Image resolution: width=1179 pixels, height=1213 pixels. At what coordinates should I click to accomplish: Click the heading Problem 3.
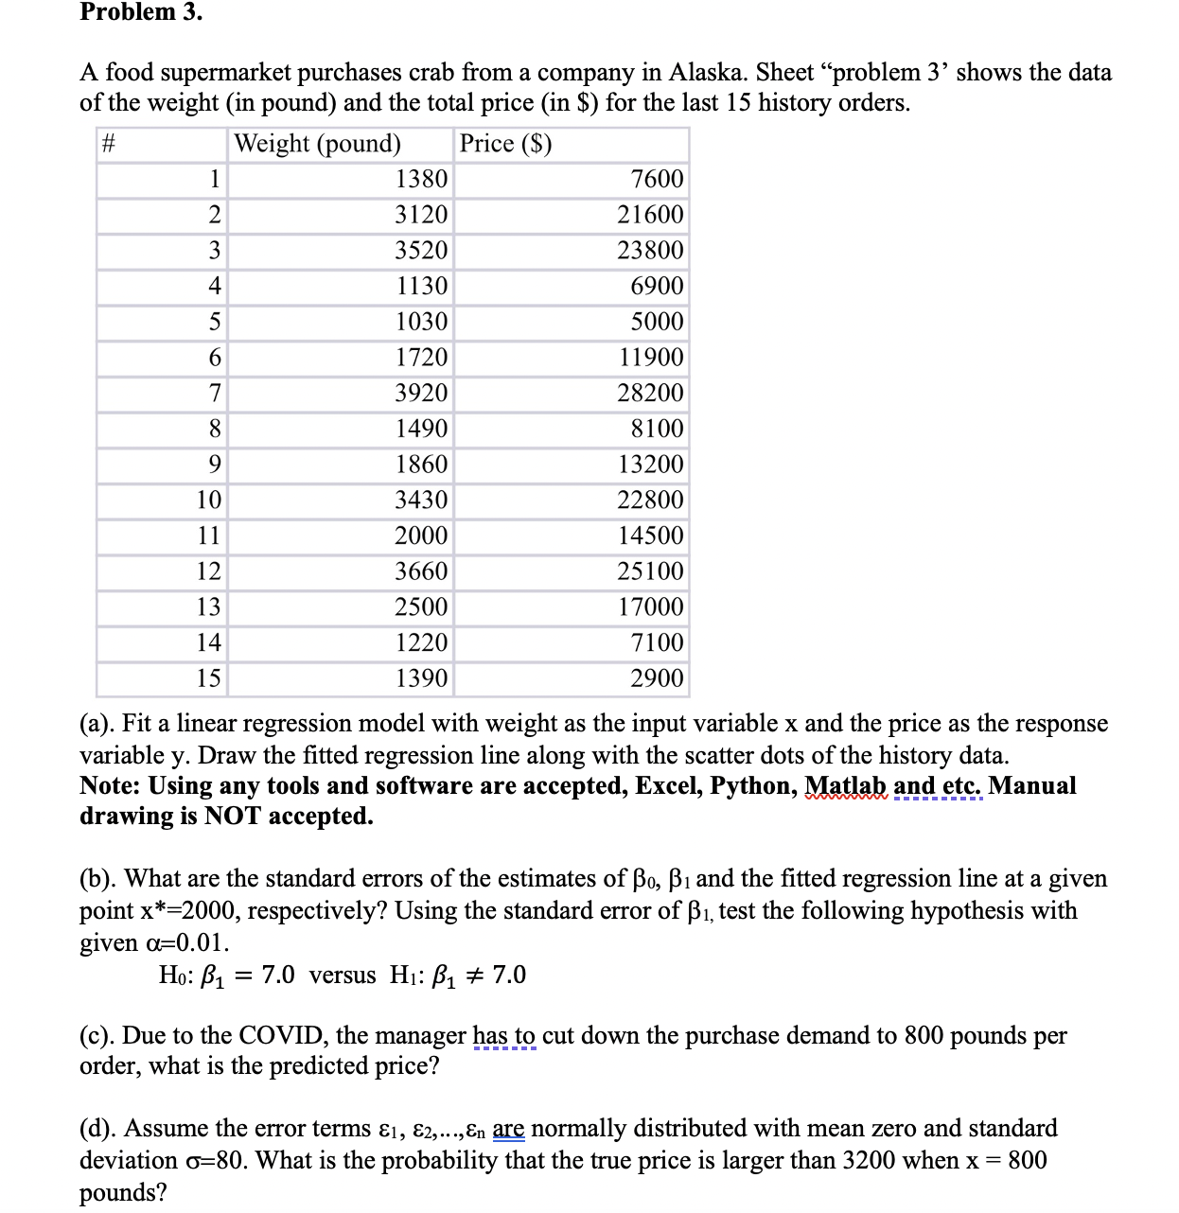(141, 12)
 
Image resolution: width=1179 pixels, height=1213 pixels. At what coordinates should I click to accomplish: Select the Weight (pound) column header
(317, 144)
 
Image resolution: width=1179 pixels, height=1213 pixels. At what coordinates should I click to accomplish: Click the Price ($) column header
(505, 144)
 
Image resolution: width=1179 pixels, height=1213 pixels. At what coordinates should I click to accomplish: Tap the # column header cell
(108, 144)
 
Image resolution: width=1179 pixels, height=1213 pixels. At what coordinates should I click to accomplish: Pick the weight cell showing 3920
(421, 393)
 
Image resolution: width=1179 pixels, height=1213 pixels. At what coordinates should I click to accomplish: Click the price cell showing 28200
(650, 393)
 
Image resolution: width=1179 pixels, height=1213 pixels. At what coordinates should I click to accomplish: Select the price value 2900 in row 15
(657, 678)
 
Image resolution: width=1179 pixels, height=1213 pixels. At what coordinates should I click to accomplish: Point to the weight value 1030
(421, 322)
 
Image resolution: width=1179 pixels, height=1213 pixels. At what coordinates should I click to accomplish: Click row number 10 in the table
(208, 500)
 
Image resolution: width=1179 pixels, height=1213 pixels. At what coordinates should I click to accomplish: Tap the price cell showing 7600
(657, 179)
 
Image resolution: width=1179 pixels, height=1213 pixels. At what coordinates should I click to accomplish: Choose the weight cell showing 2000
(421, 536)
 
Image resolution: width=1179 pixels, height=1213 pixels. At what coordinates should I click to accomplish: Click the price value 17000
(650, 606)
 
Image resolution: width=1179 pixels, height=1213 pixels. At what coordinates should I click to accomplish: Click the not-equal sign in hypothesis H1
(473, 976)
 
